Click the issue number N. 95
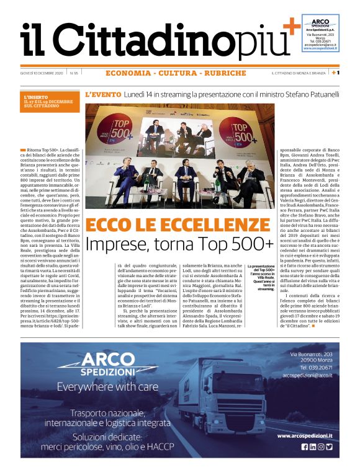(x=74, y=73)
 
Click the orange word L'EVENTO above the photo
(x=102, y=95)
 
